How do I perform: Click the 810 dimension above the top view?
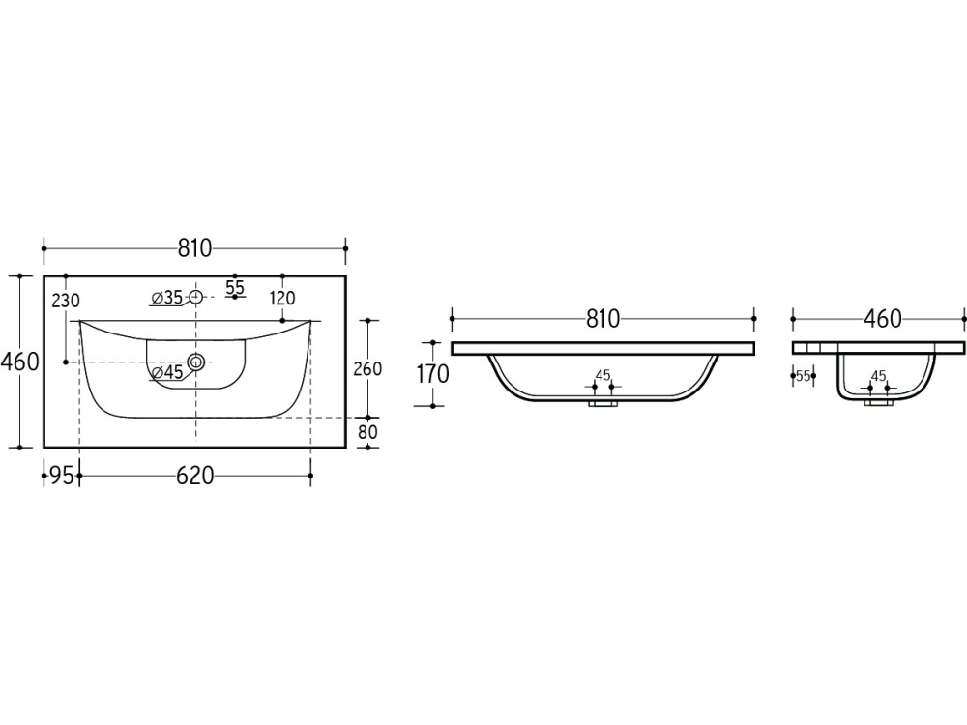195,248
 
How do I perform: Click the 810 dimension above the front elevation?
602,319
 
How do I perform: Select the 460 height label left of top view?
19,362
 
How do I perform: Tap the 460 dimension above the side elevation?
883,319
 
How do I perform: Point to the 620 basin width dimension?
195,476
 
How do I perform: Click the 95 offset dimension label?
62,476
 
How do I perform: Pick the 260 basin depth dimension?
367,368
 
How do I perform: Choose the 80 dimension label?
367,431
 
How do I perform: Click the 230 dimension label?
66,301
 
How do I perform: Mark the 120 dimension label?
282,299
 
